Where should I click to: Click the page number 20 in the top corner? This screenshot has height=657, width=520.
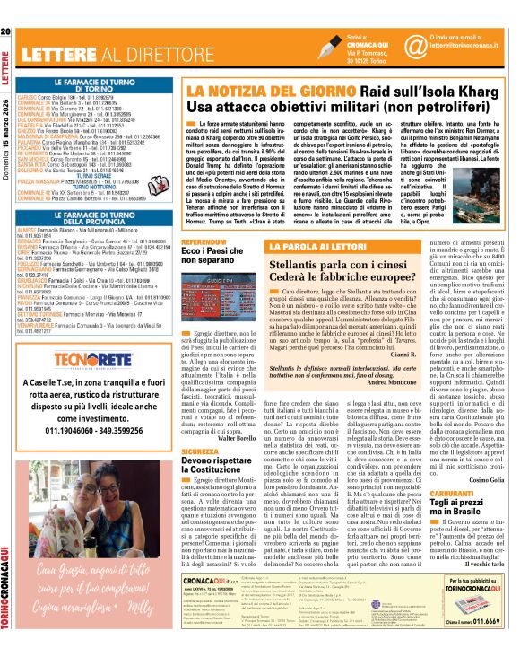(7, 8)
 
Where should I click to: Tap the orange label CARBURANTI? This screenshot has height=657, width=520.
(456, 518)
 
